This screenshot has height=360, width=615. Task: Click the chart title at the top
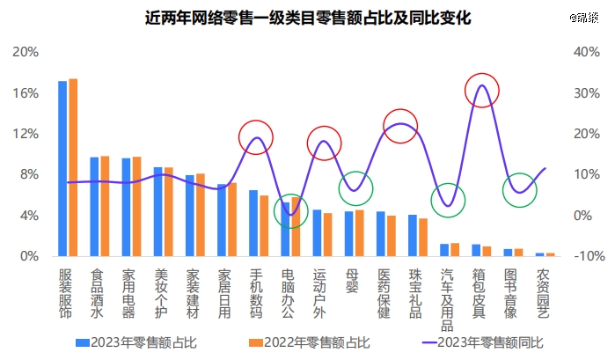click(307, 18)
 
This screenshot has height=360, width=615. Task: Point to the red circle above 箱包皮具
click(481, 90)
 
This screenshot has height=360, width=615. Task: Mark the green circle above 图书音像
click(520, 190)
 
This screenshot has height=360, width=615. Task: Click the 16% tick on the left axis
click(26, 92)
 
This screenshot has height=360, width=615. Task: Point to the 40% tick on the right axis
click(585, 52)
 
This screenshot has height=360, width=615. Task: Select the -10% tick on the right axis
click(585, 256)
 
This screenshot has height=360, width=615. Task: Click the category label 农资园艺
click(544, 293)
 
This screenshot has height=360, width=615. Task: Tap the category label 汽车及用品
click(449, 299)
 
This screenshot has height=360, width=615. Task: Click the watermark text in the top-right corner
click(582, 17)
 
